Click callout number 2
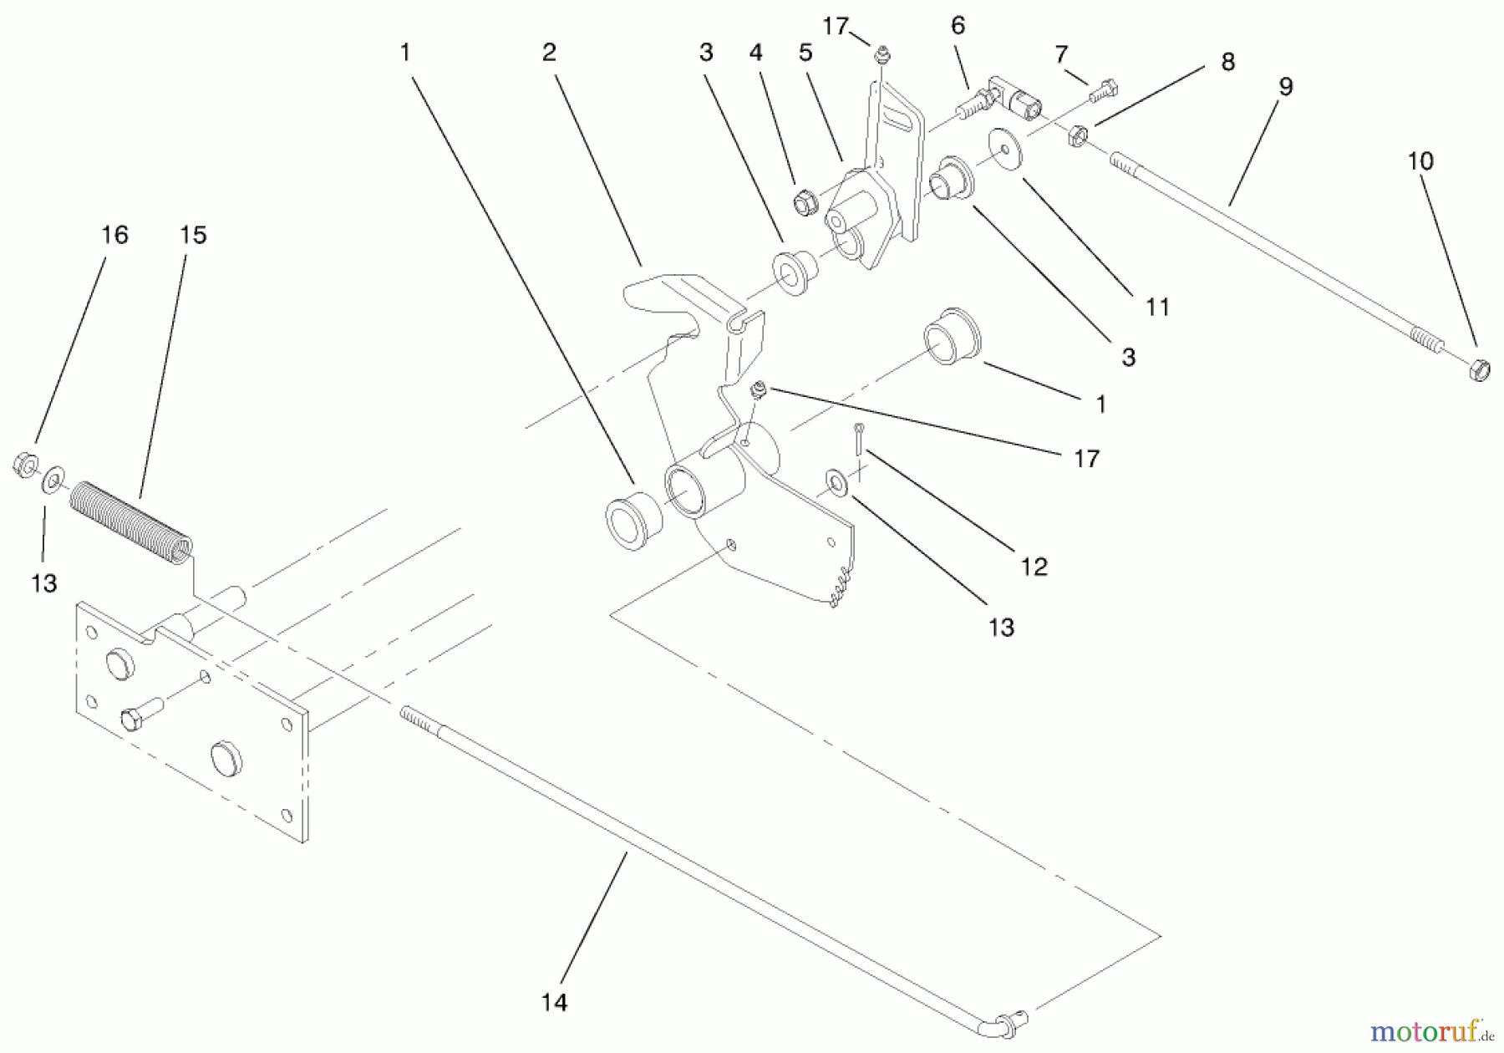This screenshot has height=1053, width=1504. point(548,53)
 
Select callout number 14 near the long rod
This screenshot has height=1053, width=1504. point(554,1002)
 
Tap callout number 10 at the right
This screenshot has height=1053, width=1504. point(1420,160)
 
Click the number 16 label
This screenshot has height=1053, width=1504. point(114,235)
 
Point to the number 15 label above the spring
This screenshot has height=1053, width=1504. point(193,235)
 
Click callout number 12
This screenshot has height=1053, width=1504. point(1034,567)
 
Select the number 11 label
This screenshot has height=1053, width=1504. point(1157,307)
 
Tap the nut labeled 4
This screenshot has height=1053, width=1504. point(805,201)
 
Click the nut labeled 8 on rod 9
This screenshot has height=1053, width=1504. point(1078,135)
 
